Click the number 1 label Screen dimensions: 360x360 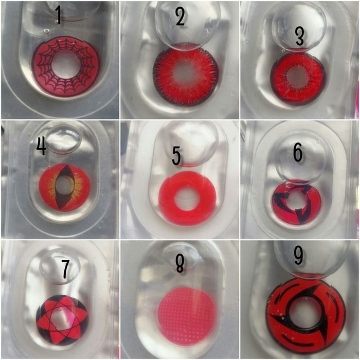coord(59,15)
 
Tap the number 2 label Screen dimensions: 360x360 coord(181,17)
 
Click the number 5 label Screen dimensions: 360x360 coord(176,156)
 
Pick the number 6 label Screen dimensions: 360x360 coord(298,153)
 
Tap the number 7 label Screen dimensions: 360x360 coord(65,270)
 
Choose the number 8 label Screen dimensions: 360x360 coord(180,264)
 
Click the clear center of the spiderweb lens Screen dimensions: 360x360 coord(66,66)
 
